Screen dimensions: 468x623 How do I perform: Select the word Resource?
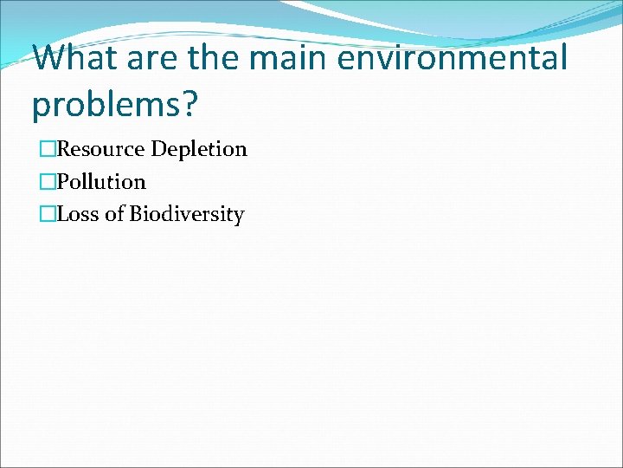click(101, 149)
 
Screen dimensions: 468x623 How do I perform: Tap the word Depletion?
click(199, 150)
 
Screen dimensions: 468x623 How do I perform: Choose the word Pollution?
click(101, 182)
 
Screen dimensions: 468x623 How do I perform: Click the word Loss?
click(79, 214)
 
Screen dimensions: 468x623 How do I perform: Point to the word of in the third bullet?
click(115, 214)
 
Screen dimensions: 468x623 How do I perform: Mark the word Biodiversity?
click(187, 215)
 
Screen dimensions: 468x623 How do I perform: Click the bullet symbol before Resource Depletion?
click(48, 149)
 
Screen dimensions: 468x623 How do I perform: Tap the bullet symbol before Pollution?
click(48, 182)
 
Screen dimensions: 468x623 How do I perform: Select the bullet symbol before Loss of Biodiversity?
click(48, 214)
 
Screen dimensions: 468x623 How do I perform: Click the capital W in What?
click(54, 59)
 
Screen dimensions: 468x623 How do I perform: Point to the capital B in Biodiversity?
click(136, 214)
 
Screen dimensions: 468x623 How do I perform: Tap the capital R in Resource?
click(64, 149)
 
